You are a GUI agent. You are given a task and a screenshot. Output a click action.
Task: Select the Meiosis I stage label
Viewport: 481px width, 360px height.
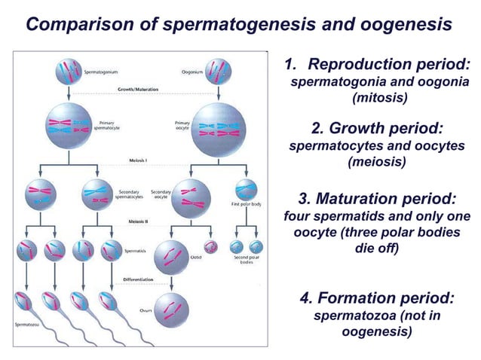tap(137, 160)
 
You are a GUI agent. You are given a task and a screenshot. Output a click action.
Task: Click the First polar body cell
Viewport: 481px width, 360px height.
tap(247, 190)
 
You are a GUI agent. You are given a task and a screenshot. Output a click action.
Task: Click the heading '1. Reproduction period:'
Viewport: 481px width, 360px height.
tap(378, 65)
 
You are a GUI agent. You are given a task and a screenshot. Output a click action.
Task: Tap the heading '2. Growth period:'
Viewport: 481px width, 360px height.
tap(377, 128)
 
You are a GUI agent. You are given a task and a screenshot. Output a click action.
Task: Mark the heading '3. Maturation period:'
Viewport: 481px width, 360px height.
tap(377, 200)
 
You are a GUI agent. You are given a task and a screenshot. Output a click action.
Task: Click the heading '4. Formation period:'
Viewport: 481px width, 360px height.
tap(377, 298)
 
